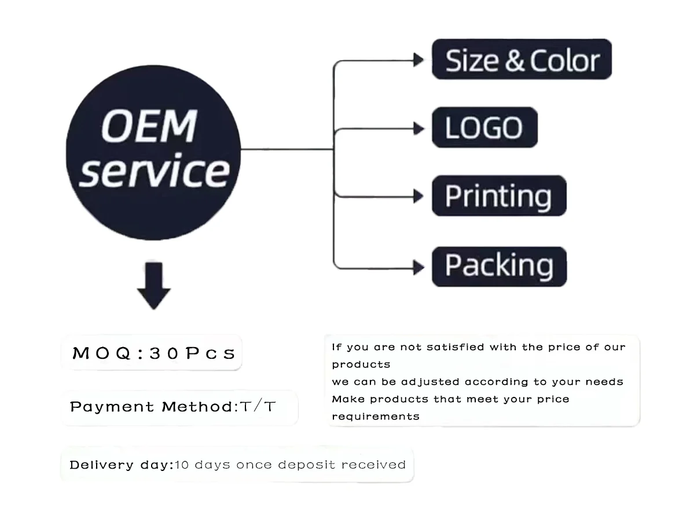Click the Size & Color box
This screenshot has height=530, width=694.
(x=522, y=60)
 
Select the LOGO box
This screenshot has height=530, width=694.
(x=484, y=127)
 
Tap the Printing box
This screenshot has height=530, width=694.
(x=498, y=196)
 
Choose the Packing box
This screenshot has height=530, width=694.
(x=499, y=266)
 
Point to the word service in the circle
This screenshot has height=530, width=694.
(x=153, y=171)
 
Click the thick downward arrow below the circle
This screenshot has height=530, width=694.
(x=153, y=286)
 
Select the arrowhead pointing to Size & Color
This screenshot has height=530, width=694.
(x=418, y=60)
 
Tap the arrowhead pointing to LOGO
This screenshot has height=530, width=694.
(x=418, y=128)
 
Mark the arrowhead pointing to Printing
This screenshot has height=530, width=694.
(x=418, y=197)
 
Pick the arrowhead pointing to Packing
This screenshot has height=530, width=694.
(x=418, y=267)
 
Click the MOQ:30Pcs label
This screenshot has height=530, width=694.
(x=153, y=353)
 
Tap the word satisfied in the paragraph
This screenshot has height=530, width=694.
(x=456, y=347)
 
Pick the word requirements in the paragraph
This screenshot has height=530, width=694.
(x=376, y=416)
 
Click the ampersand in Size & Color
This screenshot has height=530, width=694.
(x=514, y=61)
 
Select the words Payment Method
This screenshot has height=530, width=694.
(x=152, y=407)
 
